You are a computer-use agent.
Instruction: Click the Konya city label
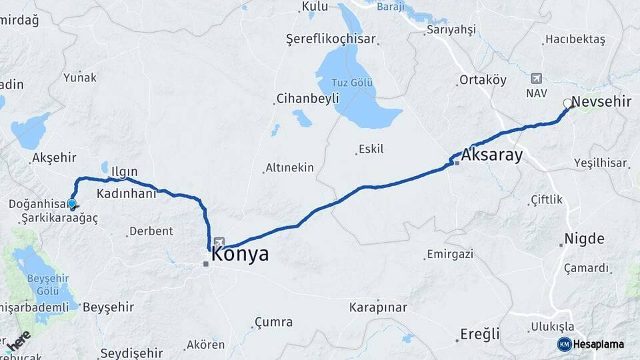point(240,254)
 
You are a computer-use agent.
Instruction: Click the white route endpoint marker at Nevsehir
point(567,103)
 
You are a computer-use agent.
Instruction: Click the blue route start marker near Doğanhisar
point(72,203)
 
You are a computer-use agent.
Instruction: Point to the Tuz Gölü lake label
point(353,83)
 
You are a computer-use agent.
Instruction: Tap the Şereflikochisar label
point(331,39)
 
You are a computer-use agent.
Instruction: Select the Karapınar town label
point(377,307)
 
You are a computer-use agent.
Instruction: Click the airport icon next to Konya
point(219,243)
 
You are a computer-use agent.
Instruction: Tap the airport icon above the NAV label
point(537,79)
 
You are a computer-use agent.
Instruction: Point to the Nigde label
point(585,239)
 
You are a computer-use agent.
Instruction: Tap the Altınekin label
point(289,168)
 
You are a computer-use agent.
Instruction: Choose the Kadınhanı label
point(127,193)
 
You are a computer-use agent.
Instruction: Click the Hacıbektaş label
point(575,39)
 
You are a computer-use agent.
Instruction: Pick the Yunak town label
point(80,77)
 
